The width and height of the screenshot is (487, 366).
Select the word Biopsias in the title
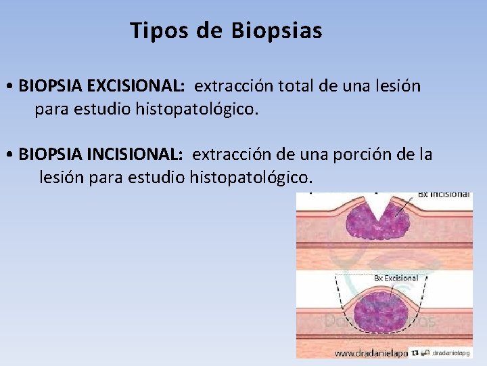tap(277, 30)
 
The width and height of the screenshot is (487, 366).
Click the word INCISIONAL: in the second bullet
tap(135, 155)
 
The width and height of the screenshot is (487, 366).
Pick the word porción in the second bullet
tap(365, 155)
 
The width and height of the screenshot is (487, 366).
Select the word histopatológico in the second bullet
tap(251, 178)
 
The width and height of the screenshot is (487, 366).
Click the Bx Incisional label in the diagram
tap(443, 195)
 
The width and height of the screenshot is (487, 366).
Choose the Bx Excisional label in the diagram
tap(396, 278)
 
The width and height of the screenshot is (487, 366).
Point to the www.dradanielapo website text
tap(371, 353)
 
